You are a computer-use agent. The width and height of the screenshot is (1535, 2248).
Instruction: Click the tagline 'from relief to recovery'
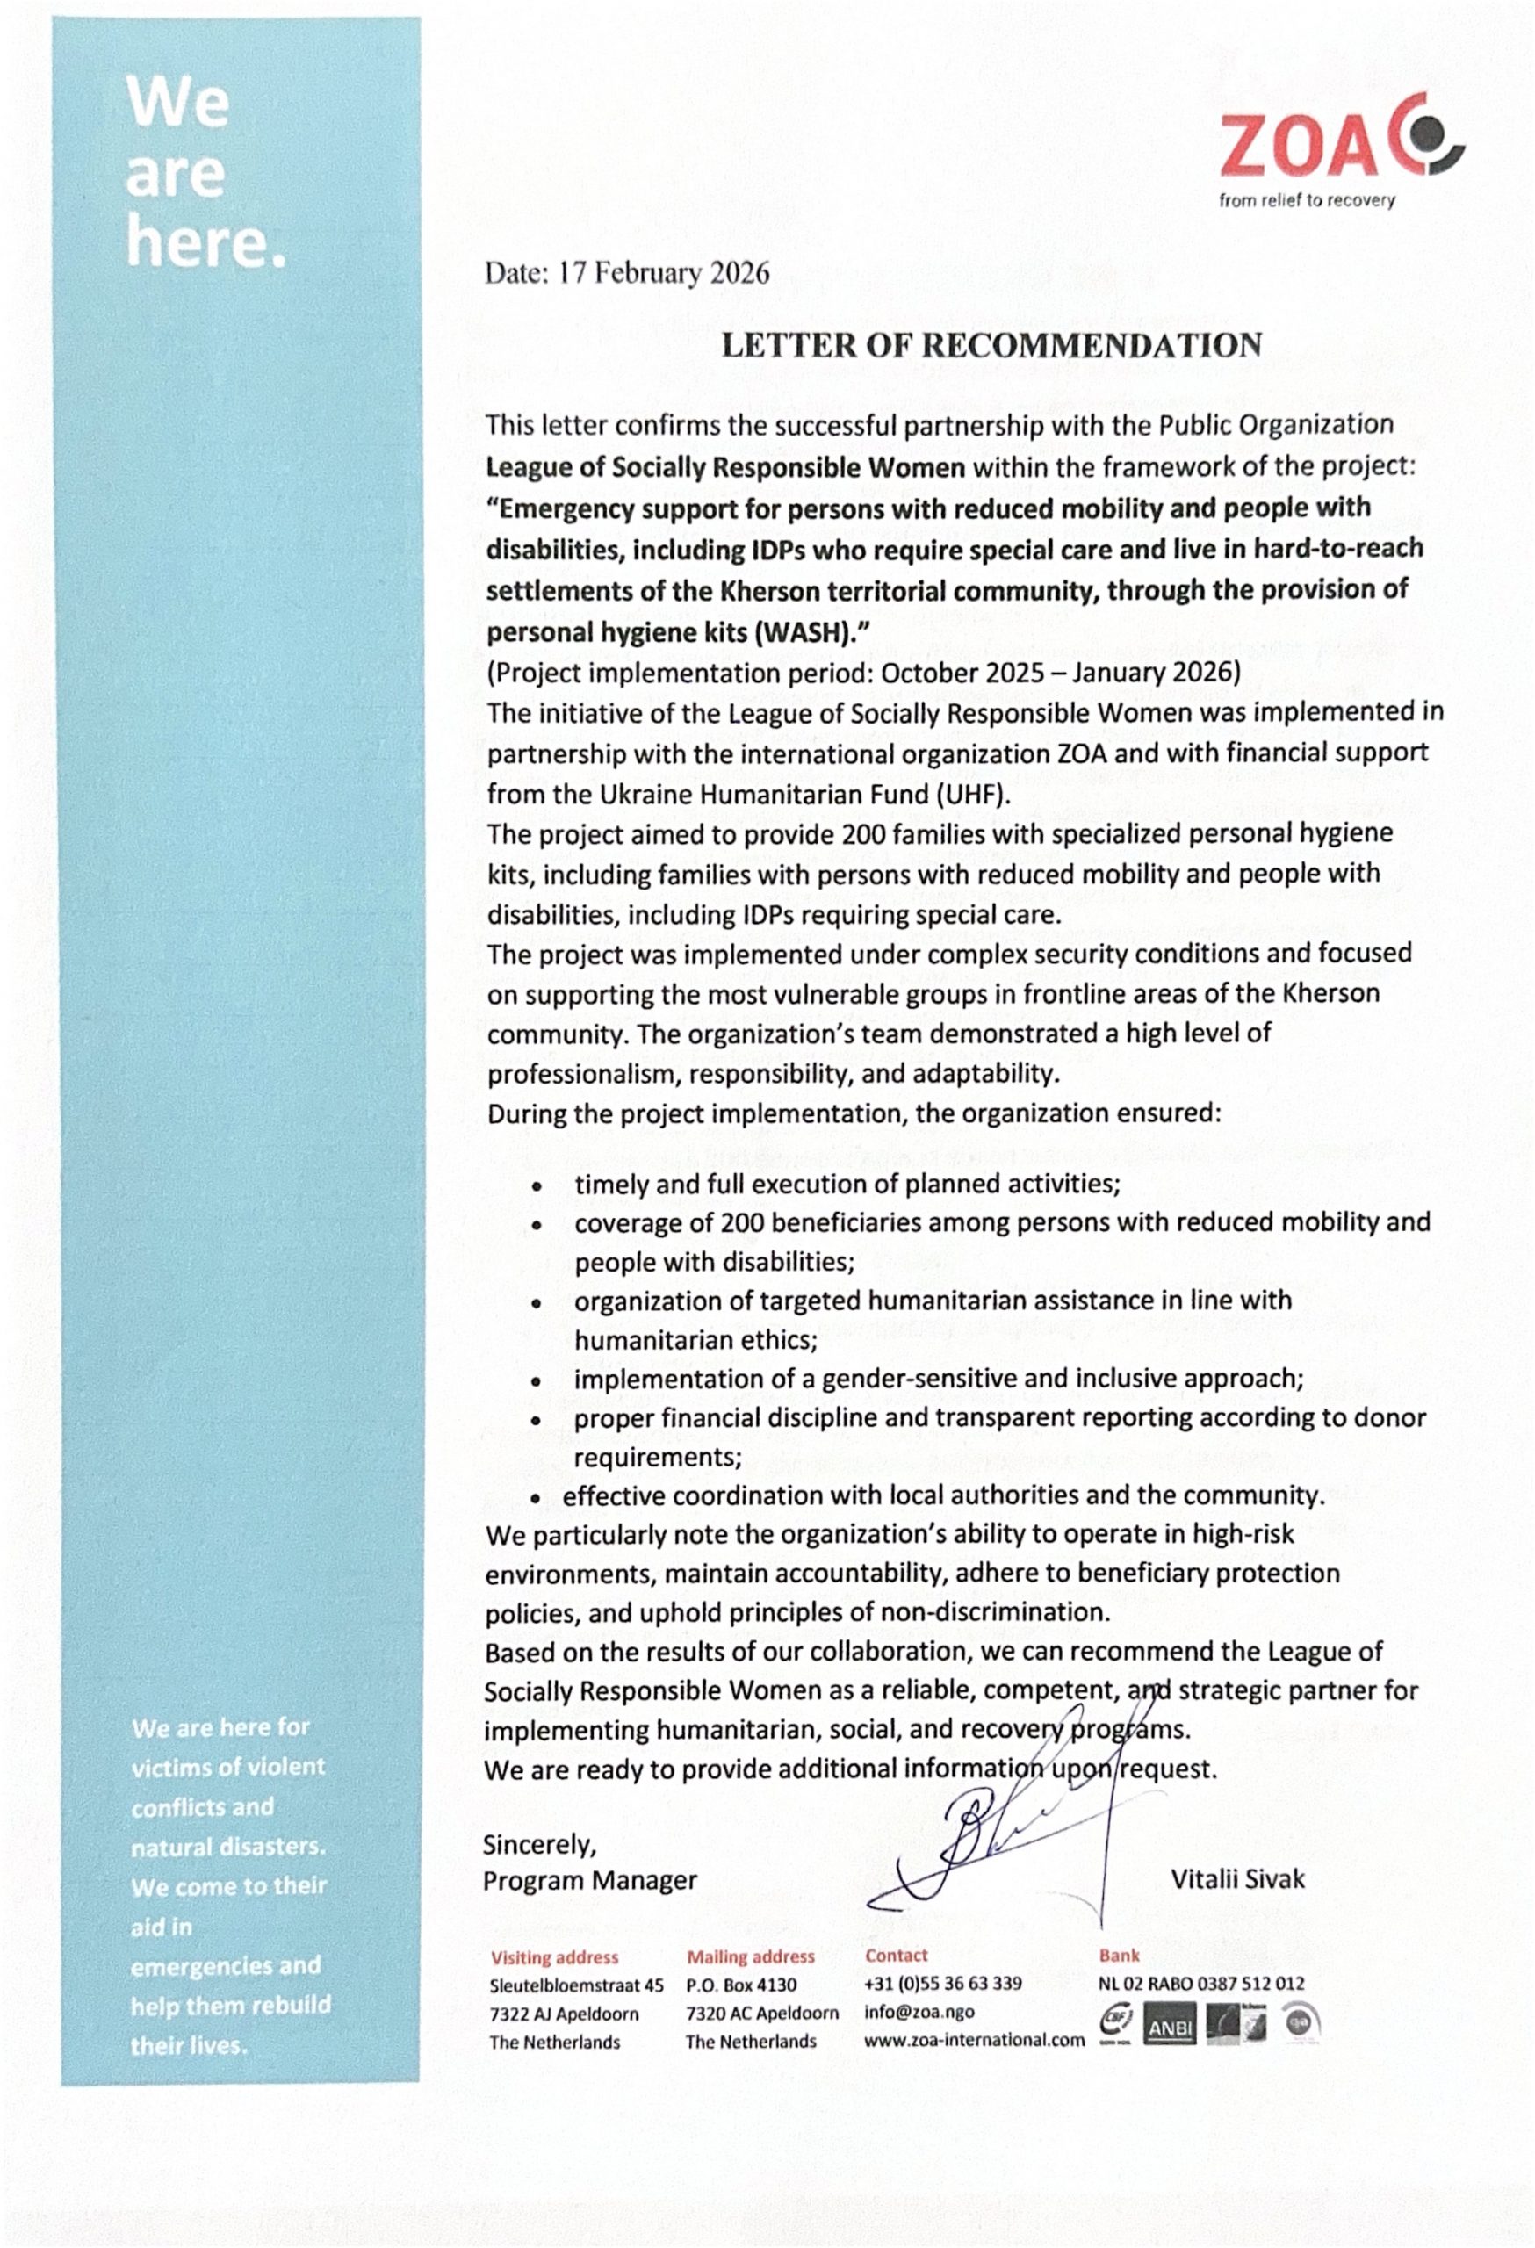click(1307, 200)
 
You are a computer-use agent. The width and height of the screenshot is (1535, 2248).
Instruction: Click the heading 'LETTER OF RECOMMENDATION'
click(991, 345)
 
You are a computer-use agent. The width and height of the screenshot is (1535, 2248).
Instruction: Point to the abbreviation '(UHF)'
click(971, 794)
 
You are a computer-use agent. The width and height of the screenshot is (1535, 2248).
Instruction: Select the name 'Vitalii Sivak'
click(1237, 1878)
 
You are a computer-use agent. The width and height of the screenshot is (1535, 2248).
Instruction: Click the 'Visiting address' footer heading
click(554, 1956)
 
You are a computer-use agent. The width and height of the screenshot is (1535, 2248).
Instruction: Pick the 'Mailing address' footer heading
click(751, 1956)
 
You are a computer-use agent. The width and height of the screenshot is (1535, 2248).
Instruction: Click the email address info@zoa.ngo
click(919, 2012)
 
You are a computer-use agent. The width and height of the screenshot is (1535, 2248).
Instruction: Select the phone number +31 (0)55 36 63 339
click(943, 1984)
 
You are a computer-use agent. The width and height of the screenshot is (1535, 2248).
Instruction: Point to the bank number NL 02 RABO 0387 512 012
click(1200, 1984)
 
